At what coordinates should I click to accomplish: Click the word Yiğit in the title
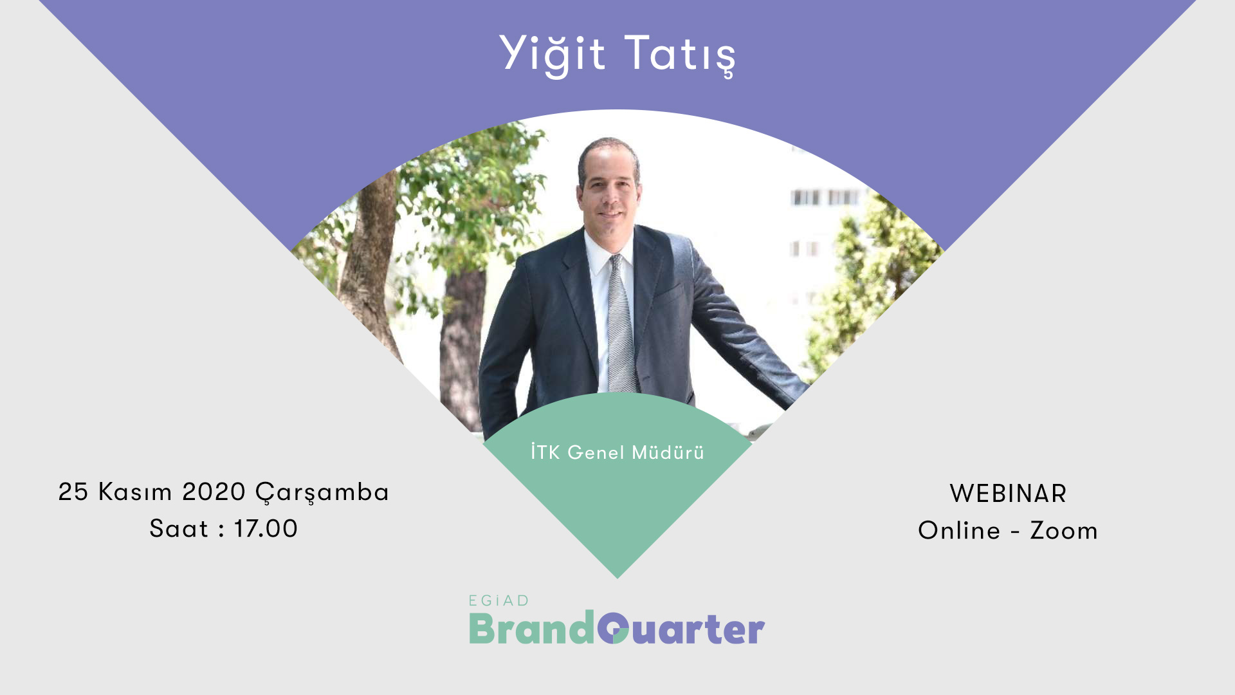click(x=552, y=54)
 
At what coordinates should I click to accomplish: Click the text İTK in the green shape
click(x=545, y=451)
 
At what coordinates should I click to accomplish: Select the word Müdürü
click(x=668, y=452)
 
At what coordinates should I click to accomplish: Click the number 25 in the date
click(x=73, y=492)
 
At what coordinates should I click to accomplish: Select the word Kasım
click(x=135, y=492)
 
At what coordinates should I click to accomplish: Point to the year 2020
click(x=214, y=492)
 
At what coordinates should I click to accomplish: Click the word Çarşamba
click(x=322, y=494)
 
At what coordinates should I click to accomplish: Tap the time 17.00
click(x=266, y=529)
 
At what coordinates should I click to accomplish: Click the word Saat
click(x=179, y=529)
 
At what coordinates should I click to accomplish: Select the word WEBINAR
click(x=1008, y=494)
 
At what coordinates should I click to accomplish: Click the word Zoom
click(x=1064, y=531)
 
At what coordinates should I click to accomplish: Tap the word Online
click(x=959, y=531)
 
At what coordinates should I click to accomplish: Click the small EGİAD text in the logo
click(x=499, y=601)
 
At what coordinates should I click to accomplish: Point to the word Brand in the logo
click(x=532, y=628)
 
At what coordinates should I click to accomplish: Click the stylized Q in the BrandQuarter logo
click(x=613, y=628)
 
